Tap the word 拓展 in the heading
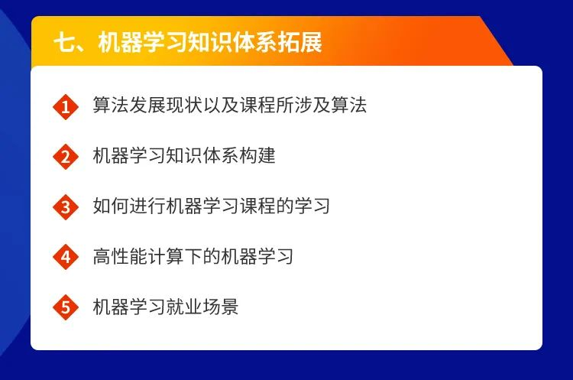click(299, 42)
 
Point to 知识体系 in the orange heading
click(232, 42)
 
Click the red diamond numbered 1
click(66, 107)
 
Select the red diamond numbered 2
click(66, 157)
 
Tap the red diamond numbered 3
click(66, 207)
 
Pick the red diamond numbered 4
click(66, 257)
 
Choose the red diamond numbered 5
click(66, 307)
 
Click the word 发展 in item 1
click(147, 105)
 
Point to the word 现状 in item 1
click(184, 105)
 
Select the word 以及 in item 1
click(221, 105)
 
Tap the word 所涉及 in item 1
click(303, 105)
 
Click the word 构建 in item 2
click(257, 155)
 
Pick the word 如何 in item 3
click(111, 206)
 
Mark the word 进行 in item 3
click(147, 206)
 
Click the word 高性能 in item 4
click(120, 256)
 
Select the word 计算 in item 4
click(166, 256)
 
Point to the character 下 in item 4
click(193, 256)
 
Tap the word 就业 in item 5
click(184, 307)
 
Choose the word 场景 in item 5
click(221, 307)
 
